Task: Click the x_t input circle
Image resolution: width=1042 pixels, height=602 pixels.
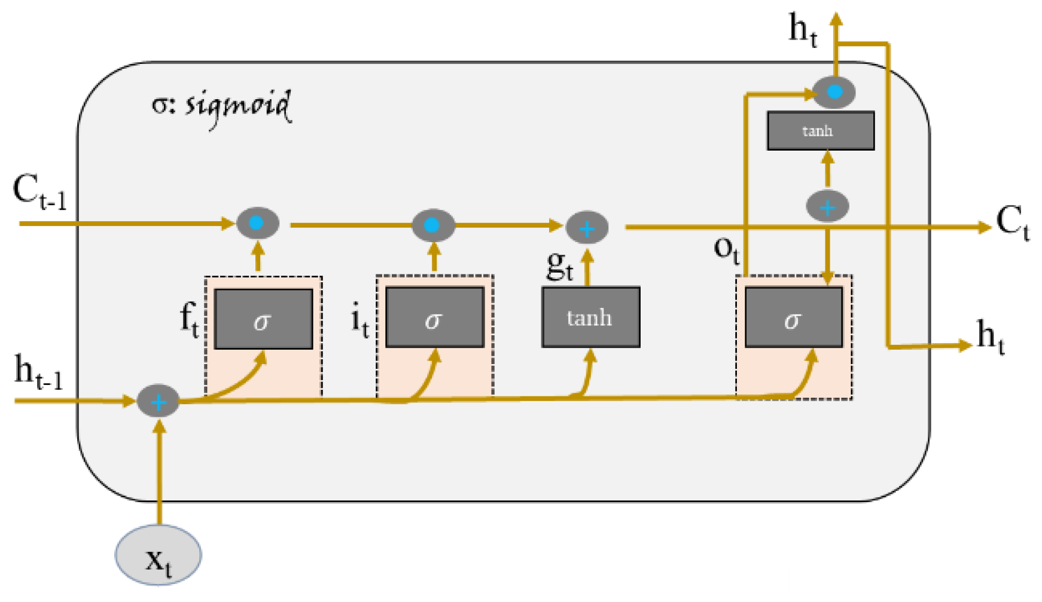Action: (159, 555)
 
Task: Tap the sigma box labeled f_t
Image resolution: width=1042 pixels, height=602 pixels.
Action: (264, 319)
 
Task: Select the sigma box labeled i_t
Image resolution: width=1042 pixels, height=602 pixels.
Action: (435, 317)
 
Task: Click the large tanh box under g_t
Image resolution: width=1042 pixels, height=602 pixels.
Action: (591, 317)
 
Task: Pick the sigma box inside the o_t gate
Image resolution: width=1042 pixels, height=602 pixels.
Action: (794, 317)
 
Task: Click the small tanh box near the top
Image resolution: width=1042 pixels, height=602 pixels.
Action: (821, 130)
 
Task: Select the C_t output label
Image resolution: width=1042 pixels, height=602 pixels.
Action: (1013, 223)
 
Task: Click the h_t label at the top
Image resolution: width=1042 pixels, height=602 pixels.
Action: (803, 30)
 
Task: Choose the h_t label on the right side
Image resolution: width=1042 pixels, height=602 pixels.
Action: (991, 337)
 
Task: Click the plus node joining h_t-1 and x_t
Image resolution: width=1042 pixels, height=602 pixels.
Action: (159, 401)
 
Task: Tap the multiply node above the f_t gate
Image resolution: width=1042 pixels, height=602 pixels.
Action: (258, 223)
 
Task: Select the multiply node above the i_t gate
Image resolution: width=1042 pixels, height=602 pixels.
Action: (433, 225)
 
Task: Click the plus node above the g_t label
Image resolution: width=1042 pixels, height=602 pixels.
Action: (587, 228)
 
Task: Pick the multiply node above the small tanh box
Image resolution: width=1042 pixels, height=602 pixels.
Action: (834, 92)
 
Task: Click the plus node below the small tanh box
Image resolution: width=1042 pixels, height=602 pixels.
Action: (827, 206)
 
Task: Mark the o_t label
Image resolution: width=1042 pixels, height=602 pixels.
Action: (727, 249)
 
